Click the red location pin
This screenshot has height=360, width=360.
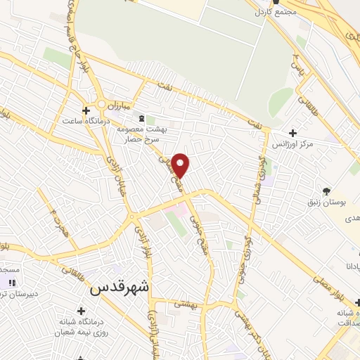[181, 165]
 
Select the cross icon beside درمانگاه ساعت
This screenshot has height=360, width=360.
[86, 111]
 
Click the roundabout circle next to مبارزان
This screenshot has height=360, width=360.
[103, 107]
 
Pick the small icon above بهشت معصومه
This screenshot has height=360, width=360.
[142, 118]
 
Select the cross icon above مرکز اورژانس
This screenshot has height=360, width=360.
[292, 132]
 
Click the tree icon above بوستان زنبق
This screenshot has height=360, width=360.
[326, 191]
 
